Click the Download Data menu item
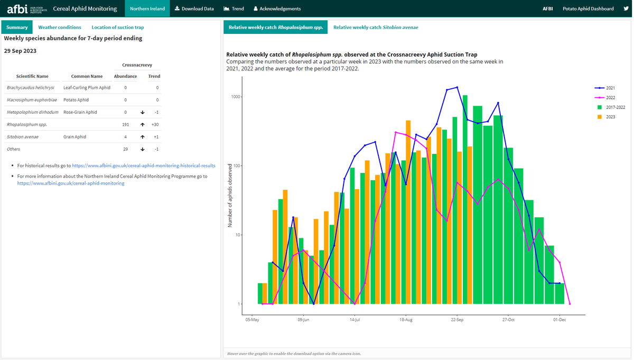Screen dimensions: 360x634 click(x=194, y=8)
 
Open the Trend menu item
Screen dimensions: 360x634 click(x=234, y=8)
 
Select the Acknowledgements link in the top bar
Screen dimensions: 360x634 click(x=277, y=8)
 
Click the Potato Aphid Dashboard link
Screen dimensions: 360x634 click(x=588, y=8)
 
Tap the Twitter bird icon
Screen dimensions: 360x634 click(x=626, y=8)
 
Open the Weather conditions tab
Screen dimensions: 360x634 click(x=60, y=27)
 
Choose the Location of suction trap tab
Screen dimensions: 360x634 click(x=117, y=27)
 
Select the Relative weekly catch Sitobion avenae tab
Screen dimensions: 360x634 click(x=375, y=27)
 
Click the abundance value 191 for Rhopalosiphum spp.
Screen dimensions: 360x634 click(x=125, y=124)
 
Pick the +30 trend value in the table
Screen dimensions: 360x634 click(x=155, y=124)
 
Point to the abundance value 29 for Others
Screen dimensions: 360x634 click(x=125, y=149)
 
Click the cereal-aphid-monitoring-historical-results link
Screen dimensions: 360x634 click(x=144, y=165)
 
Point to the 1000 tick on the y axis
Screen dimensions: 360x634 click(x=235, y=97)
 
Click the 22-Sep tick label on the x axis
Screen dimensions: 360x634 click(x=457, y=320)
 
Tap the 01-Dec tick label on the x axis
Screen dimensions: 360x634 click(x=560, y=320)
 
